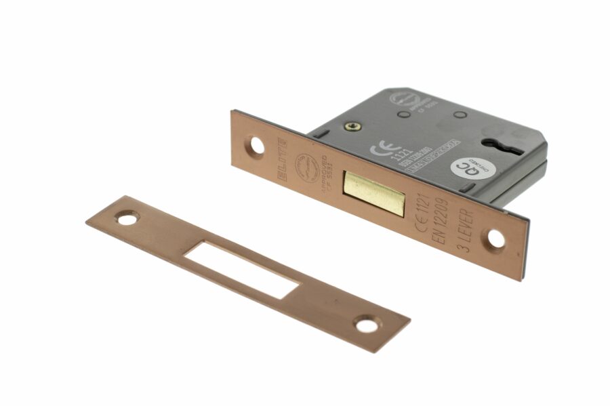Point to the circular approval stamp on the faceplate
[307, 165]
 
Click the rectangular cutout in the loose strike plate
[243, 270]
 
